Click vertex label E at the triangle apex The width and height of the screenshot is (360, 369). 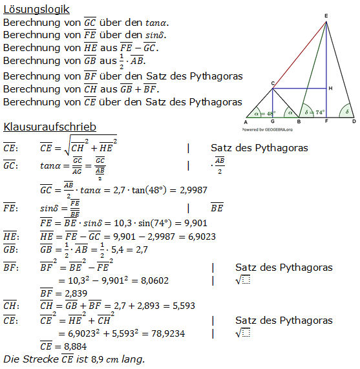click(326, 15)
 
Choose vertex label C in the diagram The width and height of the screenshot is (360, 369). click(273, 83)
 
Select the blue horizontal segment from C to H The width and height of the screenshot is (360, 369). click(300, 89)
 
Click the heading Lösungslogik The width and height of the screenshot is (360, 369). click(36, 9)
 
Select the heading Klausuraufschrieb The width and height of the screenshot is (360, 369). click(50, 127)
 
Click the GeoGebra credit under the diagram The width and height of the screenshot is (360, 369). click(266, 129)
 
